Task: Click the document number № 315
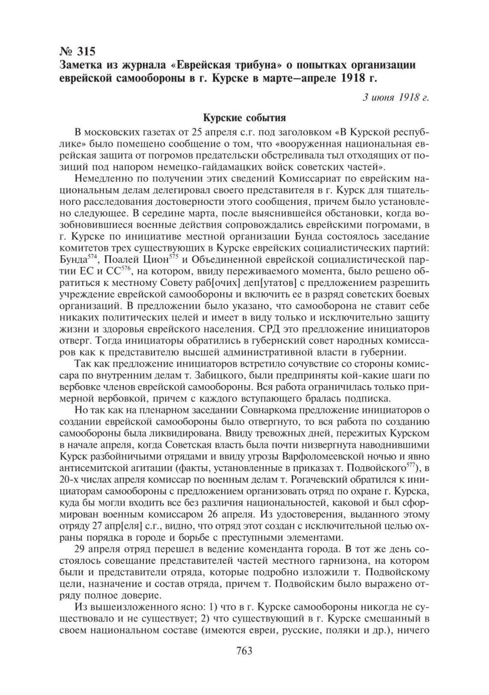[x=77, y=52]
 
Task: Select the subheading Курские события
[x=244, y=118]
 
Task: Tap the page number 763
[x=244, y=663]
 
